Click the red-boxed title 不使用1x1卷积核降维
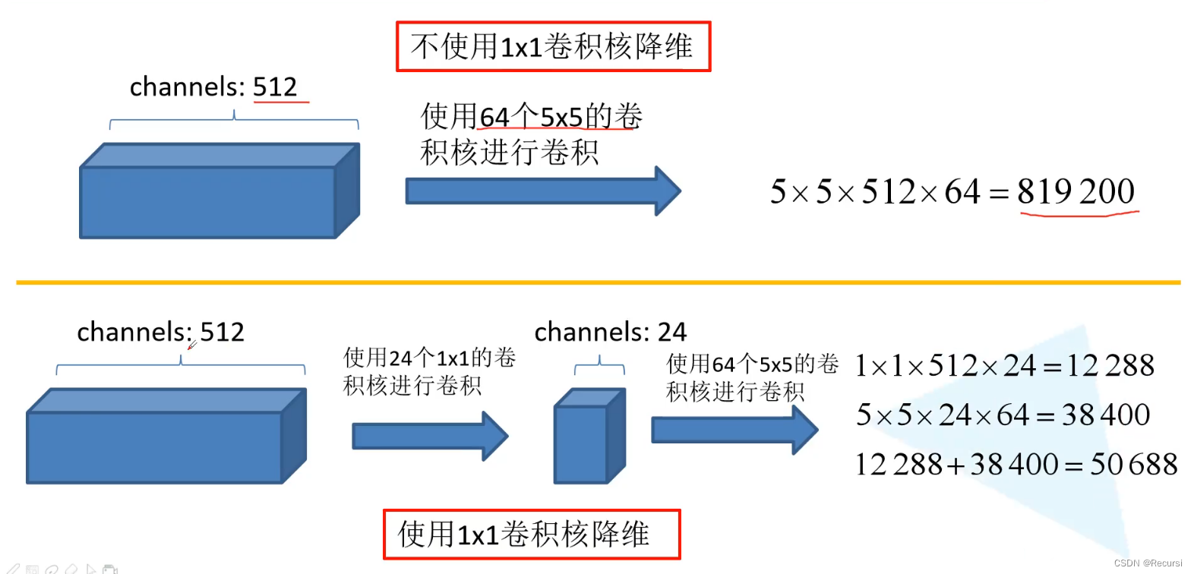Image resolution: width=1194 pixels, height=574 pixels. [553, 46]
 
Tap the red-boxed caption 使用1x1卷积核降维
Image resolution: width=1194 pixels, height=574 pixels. [531, 535]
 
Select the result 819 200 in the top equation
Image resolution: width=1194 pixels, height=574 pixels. [1076, 191]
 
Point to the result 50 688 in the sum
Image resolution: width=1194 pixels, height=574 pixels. [1133, 464]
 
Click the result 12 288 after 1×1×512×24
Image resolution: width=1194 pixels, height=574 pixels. [1110, 366]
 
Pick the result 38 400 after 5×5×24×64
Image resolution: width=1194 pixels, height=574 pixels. [1105, 415]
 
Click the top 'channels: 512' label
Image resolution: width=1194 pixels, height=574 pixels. [213, 87]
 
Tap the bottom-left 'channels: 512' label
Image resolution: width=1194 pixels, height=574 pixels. [160, 332]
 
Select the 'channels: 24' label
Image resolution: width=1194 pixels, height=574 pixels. [610, 332]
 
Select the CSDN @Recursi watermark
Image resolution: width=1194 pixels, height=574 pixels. [1148, 563]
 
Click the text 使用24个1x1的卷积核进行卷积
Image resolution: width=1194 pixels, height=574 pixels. [429, 371]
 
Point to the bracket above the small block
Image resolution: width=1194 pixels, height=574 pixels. [599, 367]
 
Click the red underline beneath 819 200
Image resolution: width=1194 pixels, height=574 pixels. [1079, 214]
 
